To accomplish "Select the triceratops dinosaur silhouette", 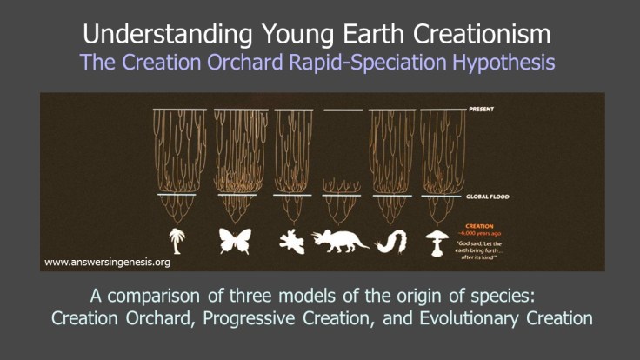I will pos(342,240).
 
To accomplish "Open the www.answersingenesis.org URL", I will pos(106,261).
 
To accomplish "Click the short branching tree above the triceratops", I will pos(343,186).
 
